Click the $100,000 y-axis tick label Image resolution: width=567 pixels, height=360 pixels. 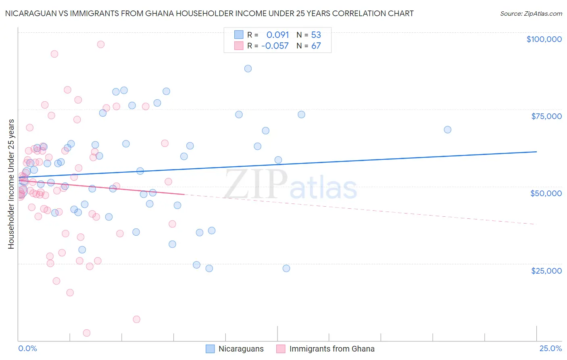(x=544, y=39)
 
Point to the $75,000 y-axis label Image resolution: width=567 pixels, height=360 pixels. (x=546, y=116)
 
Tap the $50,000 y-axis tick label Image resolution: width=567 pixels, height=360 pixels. (x=546, y=193)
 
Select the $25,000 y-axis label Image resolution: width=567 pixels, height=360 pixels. (x=546, y=271)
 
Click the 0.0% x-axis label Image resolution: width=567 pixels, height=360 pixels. (x=27, y=349)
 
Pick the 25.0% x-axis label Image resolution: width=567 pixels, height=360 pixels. (x=550, y=349)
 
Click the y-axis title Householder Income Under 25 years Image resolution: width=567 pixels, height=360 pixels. (x=11, y=184)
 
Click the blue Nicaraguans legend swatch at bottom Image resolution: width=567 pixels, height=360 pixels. (x=210, y=349)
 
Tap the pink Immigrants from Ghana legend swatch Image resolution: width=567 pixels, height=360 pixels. (x=281, y=349)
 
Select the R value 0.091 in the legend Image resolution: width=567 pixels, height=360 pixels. (x=277, y=35)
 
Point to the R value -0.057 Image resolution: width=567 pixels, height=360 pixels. (x=275, y=46)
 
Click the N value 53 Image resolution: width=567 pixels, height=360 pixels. (x=316, y=35)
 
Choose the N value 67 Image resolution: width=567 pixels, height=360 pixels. (x=316, y=46)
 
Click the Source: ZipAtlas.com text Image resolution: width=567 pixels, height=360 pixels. (x=531, y=14)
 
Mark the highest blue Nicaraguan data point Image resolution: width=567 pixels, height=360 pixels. (x=248, y=69)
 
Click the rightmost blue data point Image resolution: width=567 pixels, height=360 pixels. (x=448, y=130)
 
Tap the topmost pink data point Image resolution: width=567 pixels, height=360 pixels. (x=101, y=44)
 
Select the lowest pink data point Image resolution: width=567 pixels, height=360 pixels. (x=87, y=333)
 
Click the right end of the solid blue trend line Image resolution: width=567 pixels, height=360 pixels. (x=537, y=152)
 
